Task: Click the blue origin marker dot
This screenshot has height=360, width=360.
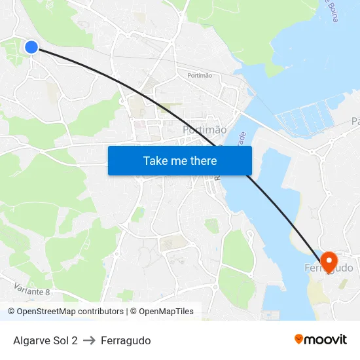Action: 31,47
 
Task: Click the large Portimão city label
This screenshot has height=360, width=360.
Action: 204,130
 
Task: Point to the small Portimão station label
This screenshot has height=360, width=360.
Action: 200,76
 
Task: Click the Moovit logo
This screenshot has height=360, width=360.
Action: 321,340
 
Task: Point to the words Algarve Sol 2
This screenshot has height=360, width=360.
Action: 45,340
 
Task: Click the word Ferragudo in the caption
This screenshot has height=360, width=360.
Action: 126,340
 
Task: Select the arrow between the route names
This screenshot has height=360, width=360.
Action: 89,340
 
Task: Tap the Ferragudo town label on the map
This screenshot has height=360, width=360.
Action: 329,268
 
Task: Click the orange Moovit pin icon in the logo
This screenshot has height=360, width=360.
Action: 299,339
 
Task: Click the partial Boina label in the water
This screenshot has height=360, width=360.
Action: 333,10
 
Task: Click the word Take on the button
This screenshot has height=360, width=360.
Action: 155,160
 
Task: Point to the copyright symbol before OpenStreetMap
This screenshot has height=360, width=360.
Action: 11,312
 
